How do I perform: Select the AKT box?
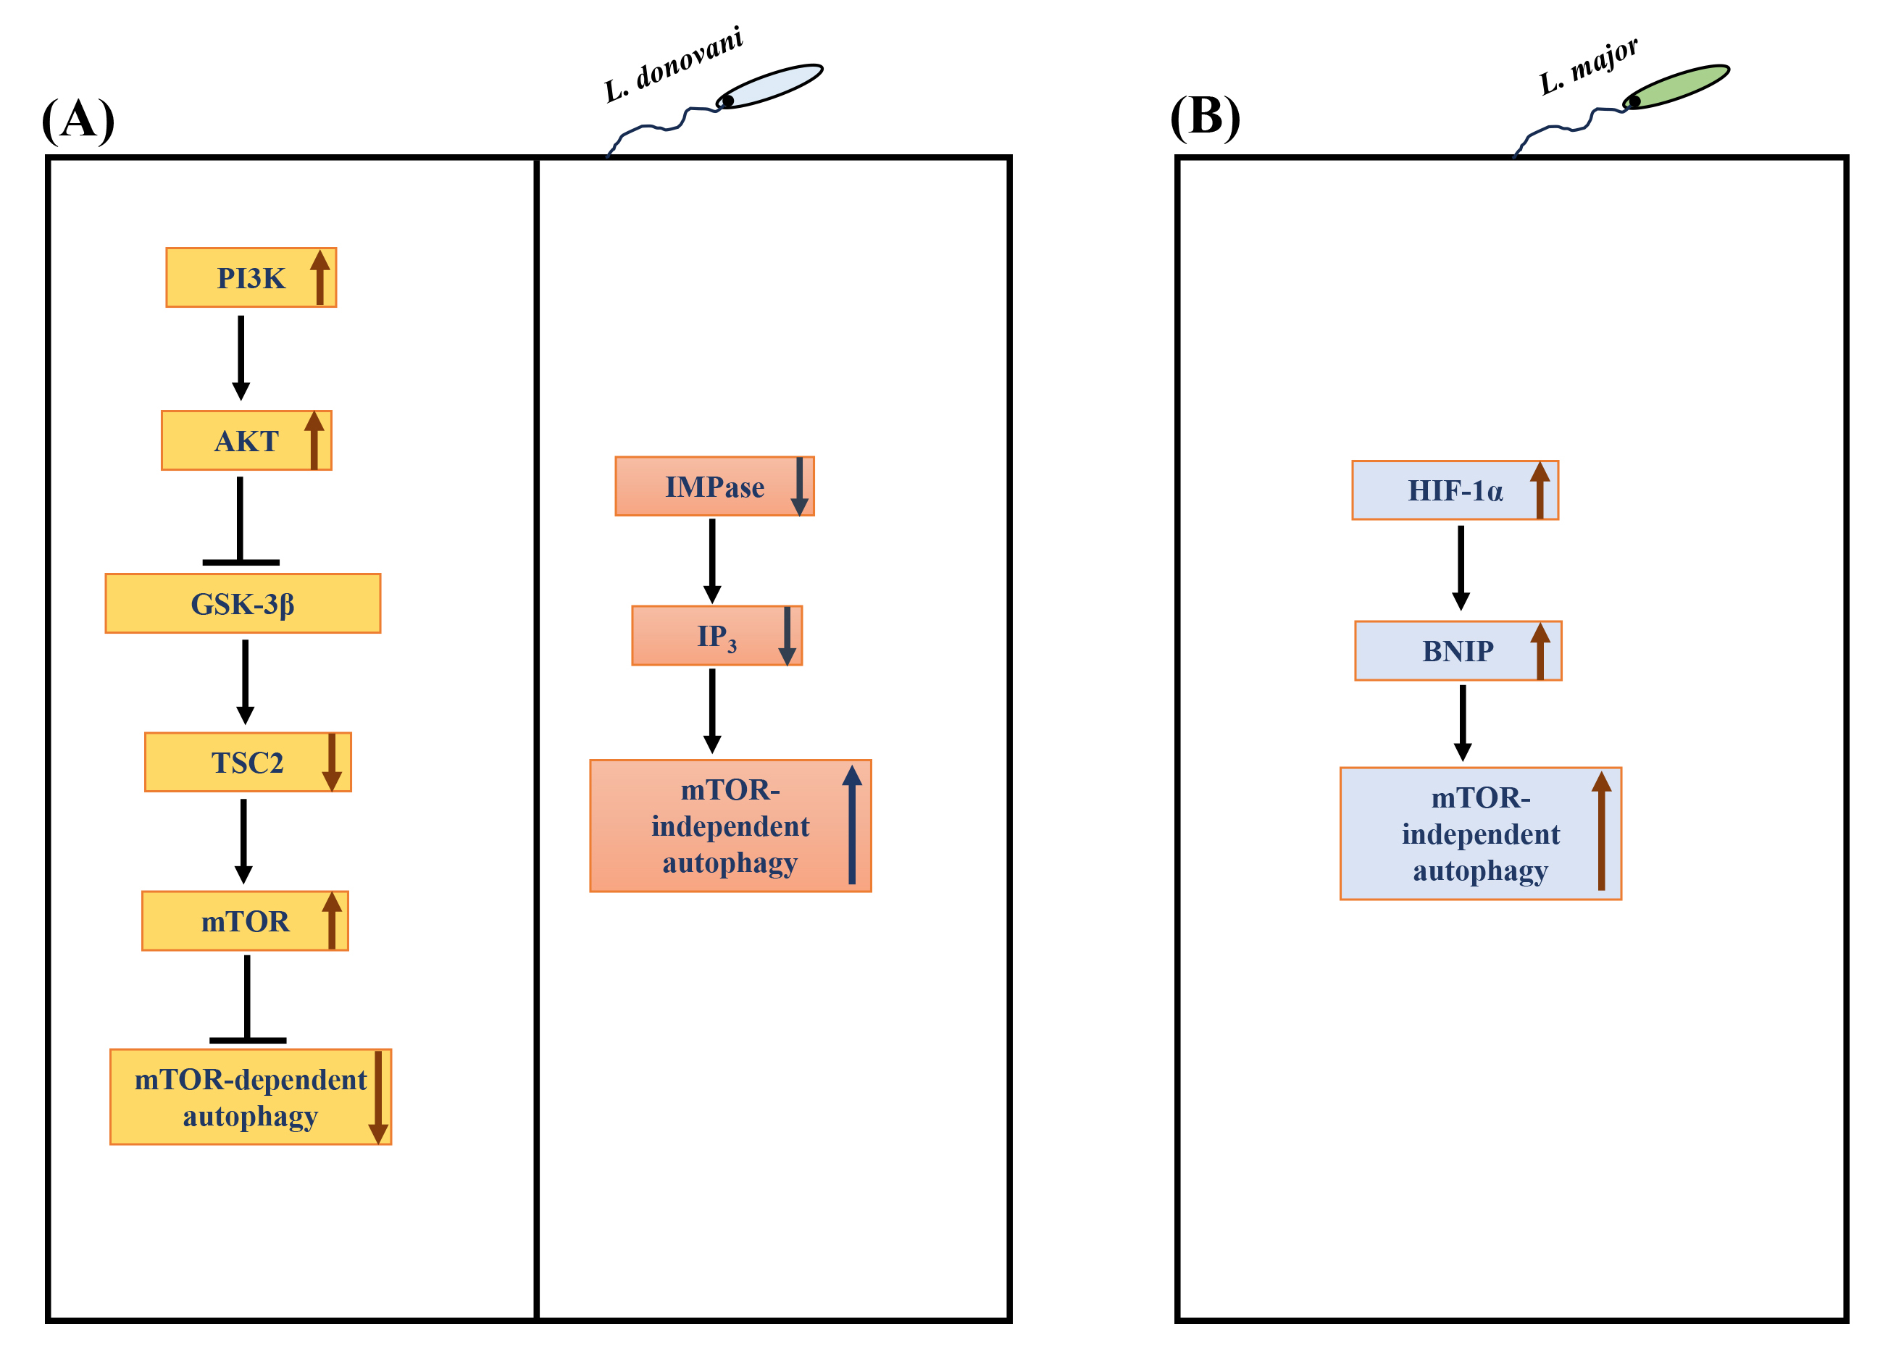(x=246, y=440)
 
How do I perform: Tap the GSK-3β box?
(x=243, y=603)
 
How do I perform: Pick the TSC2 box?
(x=247, y=763)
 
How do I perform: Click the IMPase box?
(x=714, y=486)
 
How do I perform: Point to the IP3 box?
(x=717, y=636)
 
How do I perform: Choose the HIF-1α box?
(x=1454, y=490)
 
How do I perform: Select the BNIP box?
(x=1458, y=651)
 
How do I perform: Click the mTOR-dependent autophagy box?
(x=250, y=1097)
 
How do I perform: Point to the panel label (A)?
(x=78, y=119)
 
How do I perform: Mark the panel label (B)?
(x=1205, y=117)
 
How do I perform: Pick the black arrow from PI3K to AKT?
(x=241, y=358)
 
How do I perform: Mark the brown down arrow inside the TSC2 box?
(x=332, y=761)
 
